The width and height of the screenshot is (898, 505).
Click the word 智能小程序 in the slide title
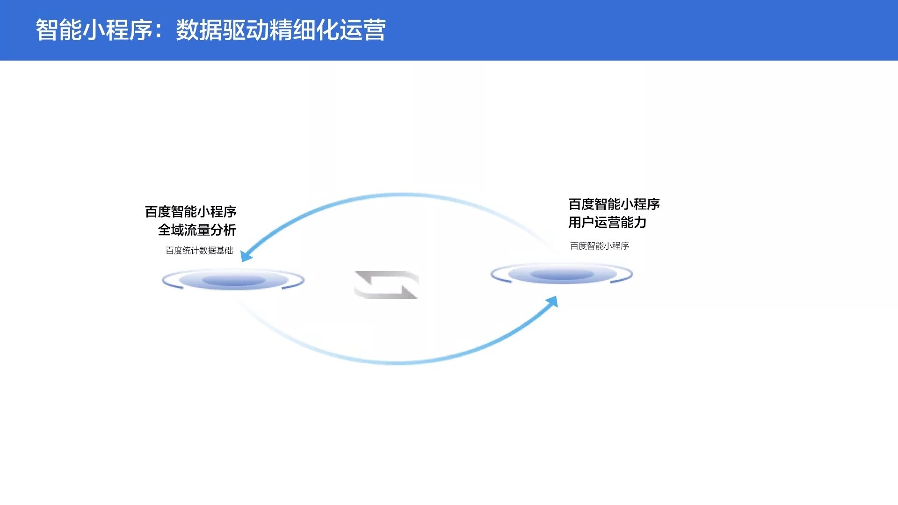coord(94,30)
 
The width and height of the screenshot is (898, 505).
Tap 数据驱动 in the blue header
coord(223,30)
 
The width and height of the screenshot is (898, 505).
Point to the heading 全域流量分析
coord(197,230)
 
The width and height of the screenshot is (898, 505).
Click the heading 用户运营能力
coord(607,223)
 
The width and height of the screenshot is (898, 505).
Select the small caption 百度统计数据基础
coord(199,251)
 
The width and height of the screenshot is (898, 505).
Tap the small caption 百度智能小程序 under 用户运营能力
coord(600,246)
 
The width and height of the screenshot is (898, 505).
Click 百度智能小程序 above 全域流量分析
coord(190,212)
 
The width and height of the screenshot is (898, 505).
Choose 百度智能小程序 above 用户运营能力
coord(614,204)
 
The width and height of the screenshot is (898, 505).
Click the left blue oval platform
coord(233,280)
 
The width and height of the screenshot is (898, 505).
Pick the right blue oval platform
coord(562,274)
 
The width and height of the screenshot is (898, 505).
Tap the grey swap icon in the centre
coord(386,285)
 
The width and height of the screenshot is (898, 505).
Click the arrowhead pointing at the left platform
coord(246,255)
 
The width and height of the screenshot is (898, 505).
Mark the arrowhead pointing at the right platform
coord(552,302)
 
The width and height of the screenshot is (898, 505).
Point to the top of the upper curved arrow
coord(398,194)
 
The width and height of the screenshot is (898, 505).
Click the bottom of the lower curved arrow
coord(398,362)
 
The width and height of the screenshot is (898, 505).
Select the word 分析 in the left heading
coord(223,230)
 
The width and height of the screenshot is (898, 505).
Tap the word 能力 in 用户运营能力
coord(634,223)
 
